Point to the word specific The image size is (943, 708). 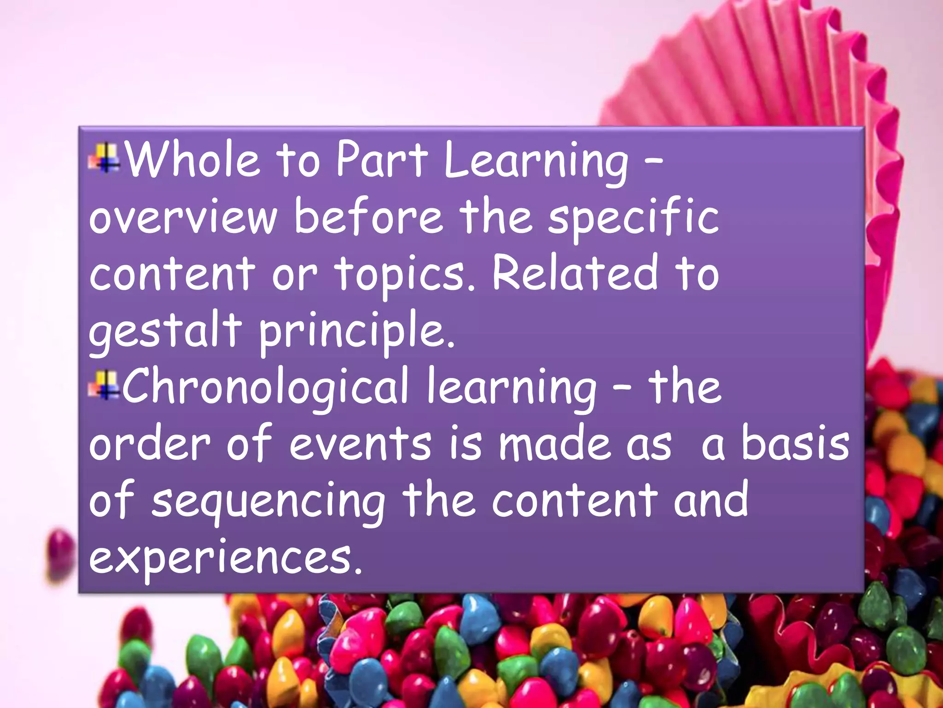tap(633, 218)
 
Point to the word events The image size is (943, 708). tap(361, 443)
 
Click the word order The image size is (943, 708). tap(150, 443)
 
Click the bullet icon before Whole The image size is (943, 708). tap(105, 158)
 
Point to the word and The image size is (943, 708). tap(711, 500)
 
